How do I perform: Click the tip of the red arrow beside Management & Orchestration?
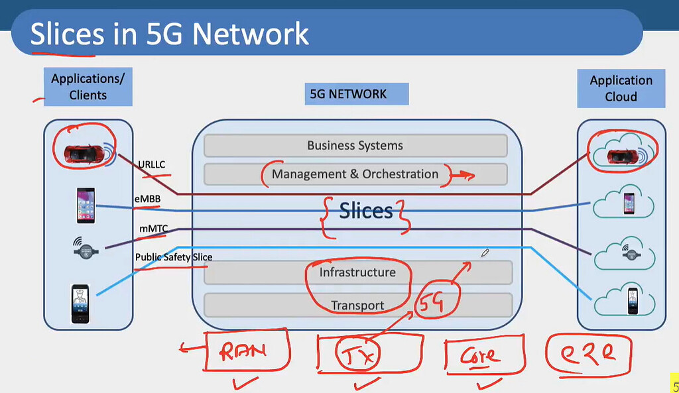coord(475,175)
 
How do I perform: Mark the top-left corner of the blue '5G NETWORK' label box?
coord(305,83)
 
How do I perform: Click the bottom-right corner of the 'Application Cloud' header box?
coord(665,108)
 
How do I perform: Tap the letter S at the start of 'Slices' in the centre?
coord(345,211)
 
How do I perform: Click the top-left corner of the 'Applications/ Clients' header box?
coord(44,68)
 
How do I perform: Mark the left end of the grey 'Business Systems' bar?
coord(204,145)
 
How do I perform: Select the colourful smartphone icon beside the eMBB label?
coord(86,205)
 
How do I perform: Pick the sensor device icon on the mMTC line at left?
coord(86,248)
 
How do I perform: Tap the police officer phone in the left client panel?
coord(80,304)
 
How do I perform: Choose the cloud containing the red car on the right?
coord(623,150)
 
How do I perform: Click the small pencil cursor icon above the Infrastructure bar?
coord(485,253)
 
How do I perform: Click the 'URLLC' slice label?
coord(152,164)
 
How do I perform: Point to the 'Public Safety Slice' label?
coord(174,257)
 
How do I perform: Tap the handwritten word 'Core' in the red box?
coord(481,356)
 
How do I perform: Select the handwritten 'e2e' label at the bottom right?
coord(587,354)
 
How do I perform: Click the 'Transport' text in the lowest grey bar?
coord(357,306)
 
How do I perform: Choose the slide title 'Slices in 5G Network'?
coord(169,34)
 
